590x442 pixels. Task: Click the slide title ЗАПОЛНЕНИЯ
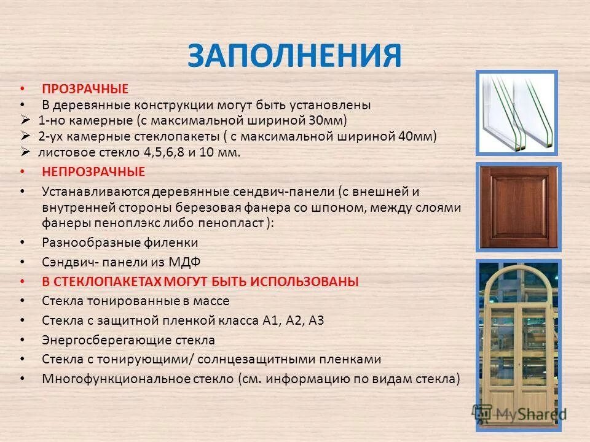(294, 56)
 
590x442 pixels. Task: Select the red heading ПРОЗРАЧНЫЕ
(85, 90)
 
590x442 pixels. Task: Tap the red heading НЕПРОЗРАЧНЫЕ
(93, 172)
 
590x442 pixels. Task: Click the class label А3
(316, 320)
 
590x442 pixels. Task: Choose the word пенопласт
(235, 222)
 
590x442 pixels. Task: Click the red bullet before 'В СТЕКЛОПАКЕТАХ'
(23, 282)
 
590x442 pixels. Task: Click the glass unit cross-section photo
(516, 112)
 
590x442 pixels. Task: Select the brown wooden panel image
(517, 207)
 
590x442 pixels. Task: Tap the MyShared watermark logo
(519, 415)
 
